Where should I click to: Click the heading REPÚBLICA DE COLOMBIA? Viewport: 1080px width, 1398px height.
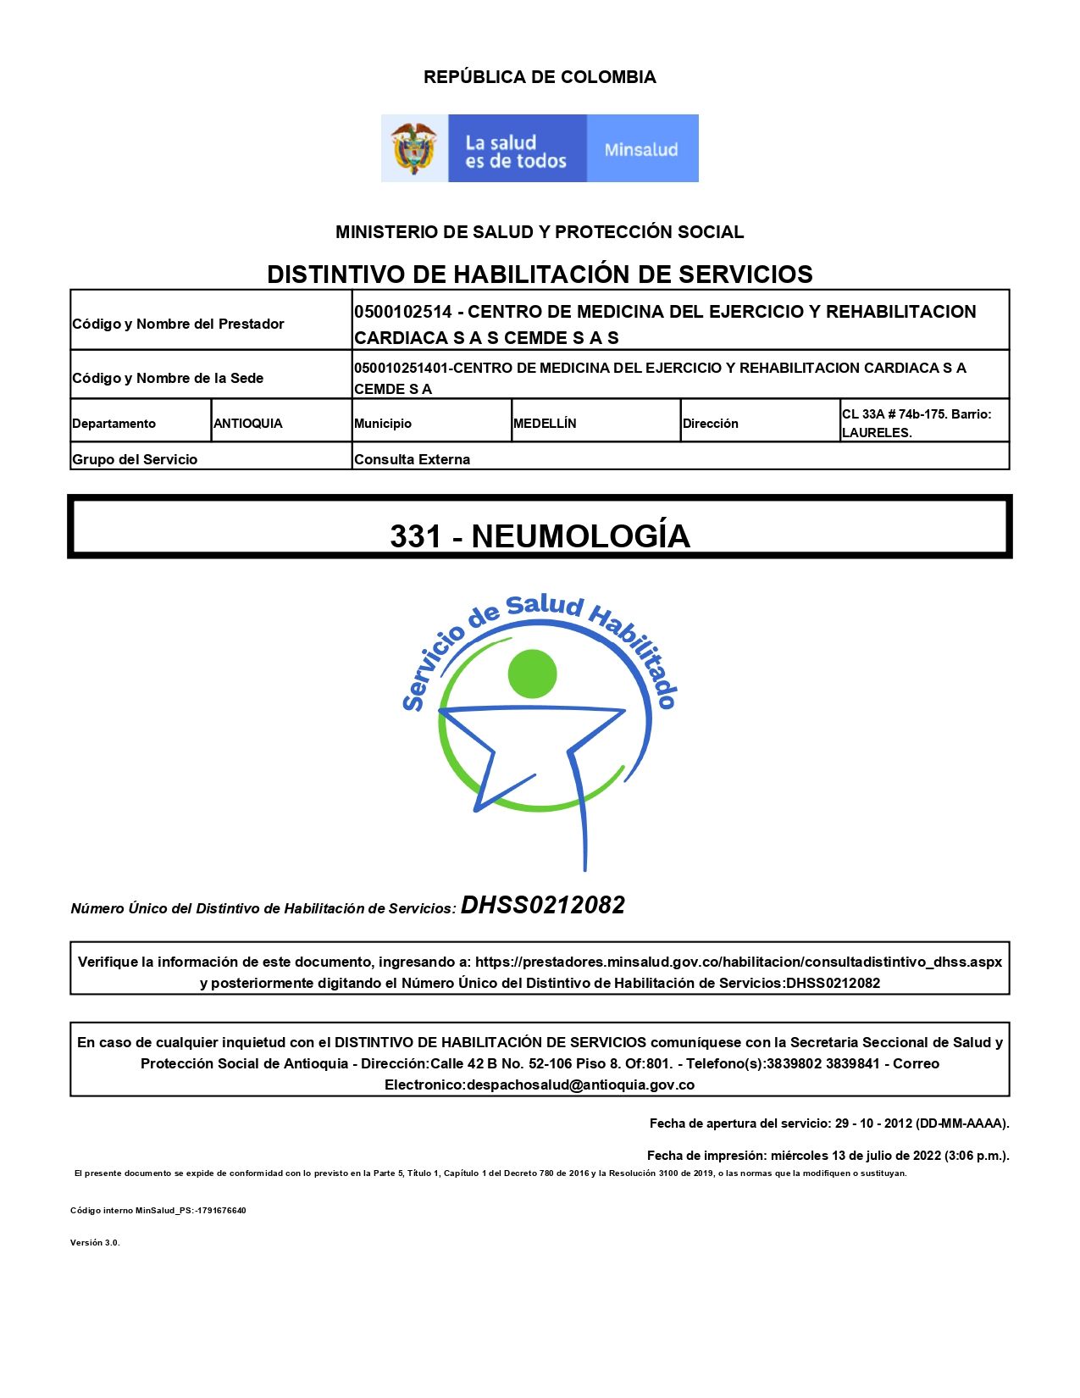[540, 77]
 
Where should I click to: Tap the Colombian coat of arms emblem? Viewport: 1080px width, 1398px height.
[413, 148]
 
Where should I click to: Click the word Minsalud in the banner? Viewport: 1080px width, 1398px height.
[641, 150]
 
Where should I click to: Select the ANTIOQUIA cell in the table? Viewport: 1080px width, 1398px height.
[248, 424]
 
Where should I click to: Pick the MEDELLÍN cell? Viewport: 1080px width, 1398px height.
[545, 424]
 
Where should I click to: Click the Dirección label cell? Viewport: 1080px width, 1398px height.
[711, 424]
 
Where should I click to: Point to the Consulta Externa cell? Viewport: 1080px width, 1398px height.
[413, 459]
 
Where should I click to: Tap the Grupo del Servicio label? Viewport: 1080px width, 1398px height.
[135, 459]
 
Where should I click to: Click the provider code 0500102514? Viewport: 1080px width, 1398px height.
[403, 312]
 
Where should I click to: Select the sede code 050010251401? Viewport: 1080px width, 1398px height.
[402, 368]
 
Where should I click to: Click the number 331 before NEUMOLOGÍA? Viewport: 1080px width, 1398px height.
[415, 536]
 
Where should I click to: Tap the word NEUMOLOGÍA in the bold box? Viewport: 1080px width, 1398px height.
[581, 536]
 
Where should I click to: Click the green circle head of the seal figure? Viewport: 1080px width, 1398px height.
[532, 674]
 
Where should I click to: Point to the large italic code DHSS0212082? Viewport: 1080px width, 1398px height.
[543, 906]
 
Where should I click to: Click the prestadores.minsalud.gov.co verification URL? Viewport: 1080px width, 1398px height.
[738, 962]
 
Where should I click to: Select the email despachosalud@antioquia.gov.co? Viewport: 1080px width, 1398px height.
[580, 1085]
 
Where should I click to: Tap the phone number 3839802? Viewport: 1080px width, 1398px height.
[793, 1063]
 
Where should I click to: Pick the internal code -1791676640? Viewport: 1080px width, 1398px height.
[220, 1211]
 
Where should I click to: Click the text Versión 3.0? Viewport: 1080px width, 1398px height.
[95, 1243]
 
